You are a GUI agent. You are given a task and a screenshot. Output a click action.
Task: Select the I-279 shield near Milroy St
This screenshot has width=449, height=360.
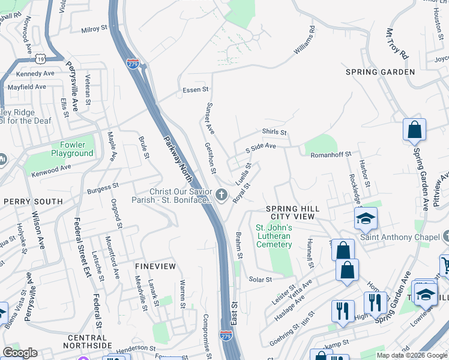133,62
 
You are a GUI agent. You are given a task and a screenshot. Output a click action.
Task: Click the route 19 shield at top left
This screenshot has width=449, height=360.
40,58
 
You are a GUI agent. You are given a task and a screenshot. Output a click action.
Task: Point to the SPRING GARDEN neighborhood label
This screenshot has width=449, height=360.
380,72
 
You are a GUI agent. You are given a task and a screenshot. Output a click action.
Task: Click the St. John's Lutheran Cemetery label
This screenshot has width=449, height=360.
274,236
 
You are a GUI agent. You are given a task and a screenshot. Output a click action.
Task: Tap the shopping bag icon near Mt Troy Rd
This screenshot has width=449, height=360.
414,129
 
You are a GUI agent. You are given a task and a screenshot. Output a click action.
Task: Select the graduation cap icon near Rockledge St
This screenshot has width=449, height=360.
365,220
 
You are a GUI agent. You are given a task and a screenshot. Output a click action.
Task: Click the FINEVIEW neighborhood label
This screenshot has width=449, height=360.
155,266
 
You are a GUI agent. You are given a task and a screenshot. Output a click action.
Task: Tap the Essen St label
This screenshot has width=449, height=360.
195,90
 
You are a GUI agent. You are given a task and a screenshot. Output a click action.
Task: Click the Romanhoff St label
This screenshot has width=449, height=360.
334,155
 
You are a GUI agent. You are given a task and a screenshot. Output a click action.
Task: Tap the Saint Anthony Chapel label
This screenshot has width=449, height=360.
400,237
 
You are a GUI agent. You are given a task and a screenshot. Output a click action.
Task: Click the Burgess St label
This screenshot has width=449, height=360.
104,188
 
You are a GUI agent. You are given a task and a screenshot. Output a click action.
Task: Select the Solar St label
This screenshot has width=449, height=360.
261,280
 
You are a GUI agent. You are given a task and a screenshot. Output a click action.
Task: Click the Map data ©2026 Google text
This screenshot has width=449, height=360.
411,355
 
